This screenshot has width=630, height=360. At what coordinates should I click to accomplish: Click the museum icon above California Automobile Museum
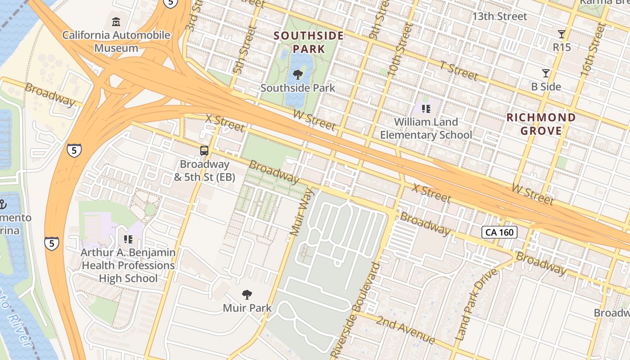(x=116, y=22)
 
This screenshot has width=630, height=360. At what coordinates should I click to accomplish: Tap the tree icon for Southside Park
(x=297, y=74)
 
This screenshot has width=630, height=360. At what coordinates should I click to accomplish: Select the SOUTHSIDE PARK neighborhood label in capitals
(x=309, y=42)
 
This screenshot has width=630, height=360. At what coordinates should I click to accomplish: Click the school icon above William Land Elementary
(x=426, y=108)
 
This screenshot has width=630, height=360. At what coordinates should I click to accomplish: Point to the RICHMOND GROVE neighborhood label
(x=541, y=124)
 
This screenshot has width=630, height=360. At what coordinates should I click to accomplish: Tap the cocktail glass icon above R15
(x=561, y=34)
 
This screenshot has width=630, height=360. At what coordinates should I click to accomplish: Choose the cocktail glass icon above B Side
(x=546, y=73)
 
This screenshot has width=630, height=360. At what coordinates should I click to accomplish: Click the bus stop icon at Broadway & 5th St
(x=204, y=151)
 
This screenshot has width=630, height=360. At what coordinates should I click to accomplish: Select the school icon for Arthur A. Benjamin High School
(x=128, y=239)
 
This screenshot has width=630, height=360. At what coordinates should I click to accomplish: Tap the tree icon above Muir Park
(x=247, y=295)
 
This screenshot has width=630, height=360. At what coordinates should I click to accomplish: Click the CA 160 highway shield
(x=499, y=232)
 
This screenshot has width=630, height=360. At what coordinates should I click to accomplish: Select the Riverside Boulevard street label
(x=355, y=310)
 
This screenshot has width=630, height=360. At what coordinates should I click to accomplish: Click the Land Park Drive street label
(x=476, y=304)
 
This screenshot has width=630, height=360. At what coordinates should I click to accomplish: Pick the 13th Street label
(x=499, y=17)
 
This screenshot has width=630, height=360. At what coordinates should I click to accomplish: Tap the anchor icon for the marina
(x=2, y=205)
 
